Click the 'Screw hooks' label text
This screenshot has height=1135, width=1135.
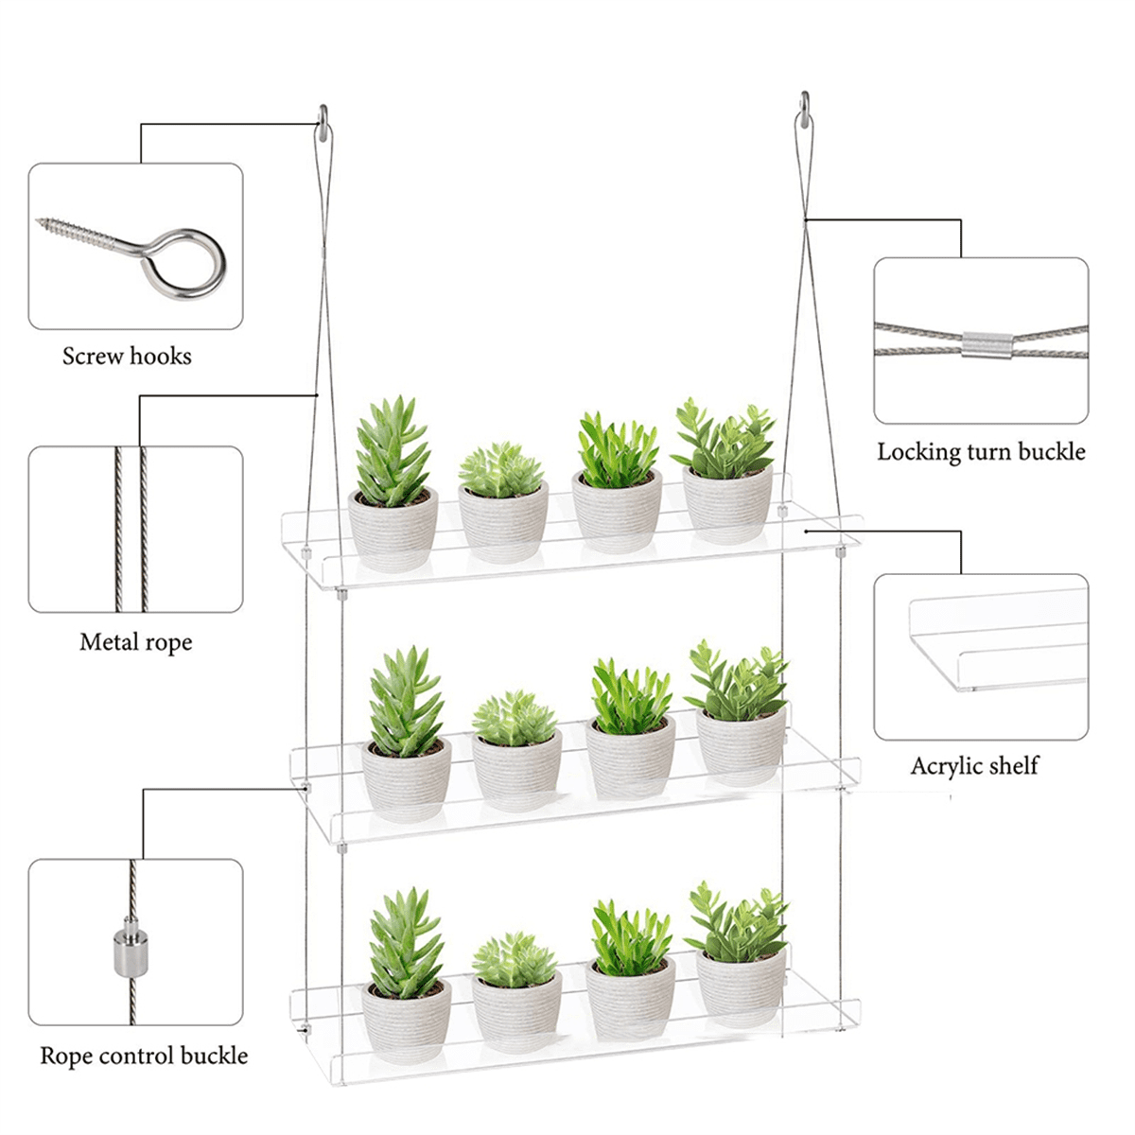pyautogui.click(x=127, y=357)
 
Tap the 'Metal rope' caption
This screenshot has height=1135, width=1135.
pyautogui.click(x=135, y=642)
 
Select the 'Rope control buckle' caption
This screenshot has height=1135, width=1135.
pyautogui.click(x=144, y=1056)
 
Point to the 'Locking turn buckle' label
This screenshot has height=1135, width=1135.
pyautogui.click(x=981, y=452)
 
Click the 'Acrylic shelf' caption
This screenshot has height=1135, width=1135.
pyautogui.click(x=974, y=766)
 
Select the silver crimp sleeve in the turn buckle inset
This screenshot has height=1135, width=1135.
pyautogui.click(x=987, y=344)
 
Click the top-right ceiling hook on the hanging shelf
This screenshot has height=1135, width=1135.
pyautogui.click(x=805, y=108)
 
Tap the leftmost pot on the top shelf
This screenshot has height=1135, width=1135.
pyautogui.click(x=393, y=530)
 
